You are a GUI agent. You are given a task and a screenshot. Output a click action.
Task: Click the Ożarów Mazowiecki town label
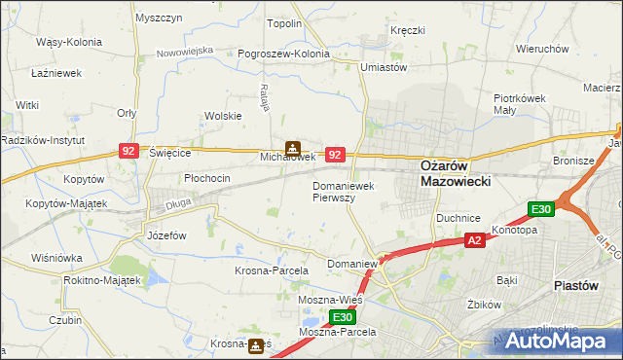point(455,172)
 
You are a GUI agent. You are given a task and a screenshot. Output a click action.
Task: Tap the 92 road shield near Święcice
point(128,151)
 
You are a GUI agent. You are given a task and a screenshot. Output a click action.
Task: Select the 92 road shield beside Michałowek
point(335,154)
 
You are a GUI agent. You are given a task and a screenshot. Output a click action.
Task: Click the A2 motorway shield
point(474,240)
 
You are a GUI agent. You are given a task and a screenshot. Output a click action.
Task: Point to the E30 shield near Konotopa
point(541,209)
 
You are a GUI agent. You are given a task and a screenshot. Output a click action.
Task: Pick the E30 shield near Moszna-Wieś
point(341,317)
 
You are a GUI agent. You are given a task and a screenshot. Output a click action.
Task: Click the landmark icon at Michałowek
point(291,148)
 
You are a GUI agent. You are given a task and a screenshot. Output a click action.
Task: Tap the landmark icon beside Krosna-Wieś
point(256,344)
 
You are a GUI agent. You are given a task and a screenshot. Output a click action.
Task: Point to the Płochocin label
point(206,178)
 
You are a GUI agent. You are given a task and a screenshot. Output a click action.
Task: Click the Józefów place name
point(166,235)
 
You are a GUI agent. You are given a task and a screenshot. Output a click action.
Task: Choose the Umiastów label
point(383,67)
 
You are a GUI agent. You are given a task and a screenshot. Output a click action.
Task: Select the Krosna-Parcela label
point(271,270)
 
